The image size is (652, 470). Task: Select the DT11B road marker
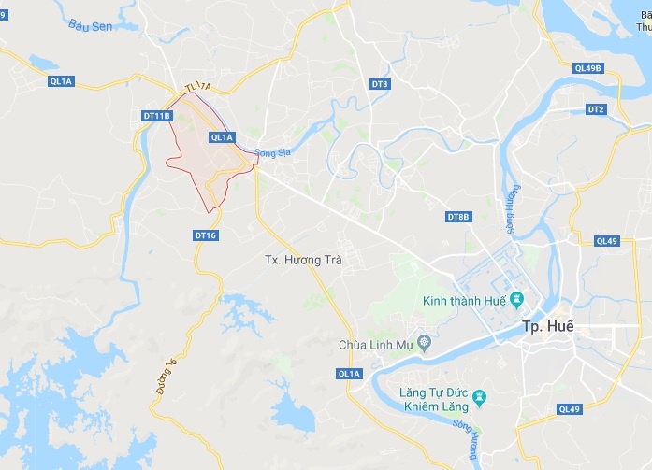coord(157,115)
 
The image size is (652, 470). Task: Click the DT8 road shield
coord(379,84)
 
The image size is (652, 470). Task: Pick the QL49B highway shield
coord(589,68)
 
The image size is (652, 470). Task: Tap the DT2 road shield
coord(596,109)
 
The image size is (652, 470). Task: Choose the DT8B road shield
coord(457,217)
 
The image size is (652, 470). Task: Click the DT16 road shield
coord(206,235)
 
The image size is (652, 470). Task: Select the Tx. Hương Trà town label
coord(299,261)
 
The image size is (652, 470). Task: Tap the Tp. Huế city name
coord(547,326)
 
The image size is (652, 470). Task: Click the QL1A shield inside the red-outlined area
coord(222,136)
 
